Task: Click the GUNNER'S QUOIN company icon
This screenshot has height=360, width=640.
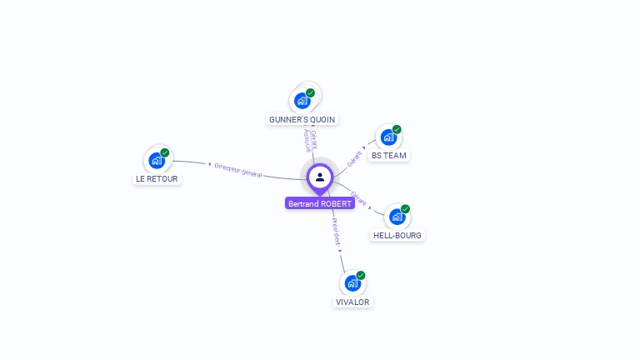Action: coord(302,101)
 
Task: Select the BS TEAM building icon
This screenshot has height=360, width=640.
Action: coord(388,137)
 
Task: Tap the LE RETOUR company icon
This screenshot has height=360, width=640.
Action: coord(157,161)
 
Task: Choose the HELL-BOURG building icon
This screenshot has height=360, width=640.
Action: coord(397,217)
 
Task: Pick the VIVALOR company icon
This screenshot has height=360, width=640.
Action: coord(352,283)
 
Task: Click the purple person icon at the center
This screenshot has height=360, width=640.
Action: coord(320,177)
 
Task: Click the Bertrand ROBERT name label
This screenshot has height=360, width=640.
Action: coord(320,203)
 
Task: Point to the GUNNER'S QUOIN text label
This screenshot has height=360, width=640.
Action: coord(302,120)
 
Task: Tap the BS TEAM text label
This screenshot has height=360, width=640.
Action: coord(390,156)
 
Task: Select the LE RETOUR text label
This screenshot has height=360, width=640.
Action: coord(157,179)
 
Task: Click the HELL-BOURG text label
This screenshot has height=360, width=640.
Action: coord(397,236)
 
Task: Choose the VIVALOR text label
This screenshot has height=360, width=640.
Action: coord(352,302)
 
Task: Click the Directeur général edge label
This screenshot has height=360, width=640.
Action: coord(237,170)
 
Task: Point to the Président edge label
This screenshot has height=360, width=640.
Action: coord(336,232)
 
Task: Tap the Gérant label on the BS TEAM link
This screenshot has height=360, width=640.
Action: coord(355,156)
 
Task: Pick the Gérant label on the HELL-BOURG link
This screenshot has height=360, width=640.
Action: coord(358,199)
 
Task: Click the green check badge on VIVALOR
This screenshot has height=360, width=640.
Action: coord(361,275)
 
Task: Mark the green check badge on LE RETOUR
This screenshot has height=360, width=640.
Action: coord(165,152)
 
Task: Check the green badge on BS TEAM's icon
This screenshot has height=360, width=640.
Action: coord(397,129)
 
